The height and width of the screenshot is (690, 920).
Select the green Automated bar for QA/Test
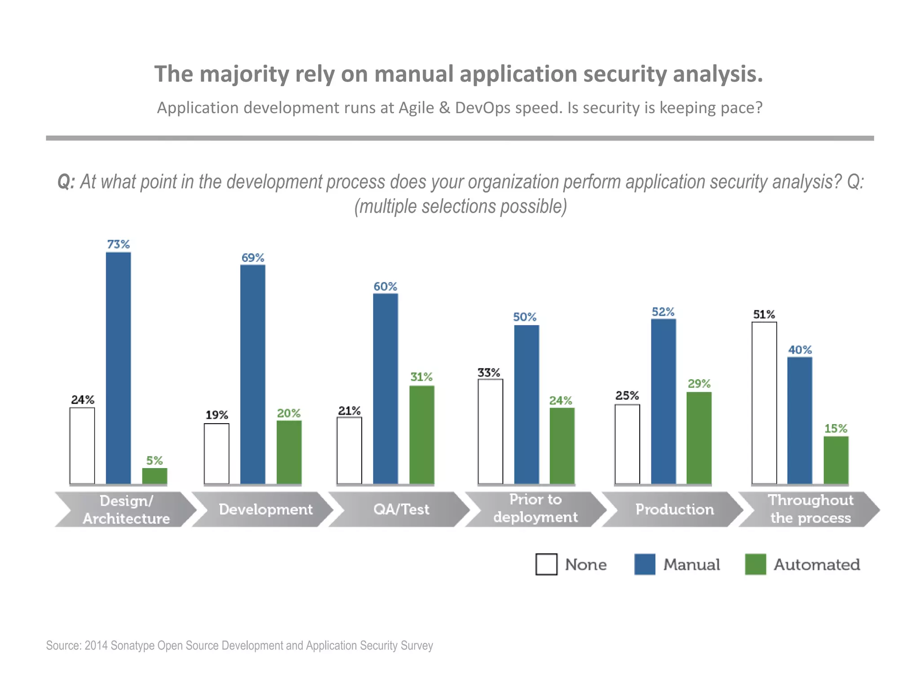coord(422,434)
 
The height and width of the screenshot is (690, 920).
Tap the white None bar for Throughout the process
coord(764,403)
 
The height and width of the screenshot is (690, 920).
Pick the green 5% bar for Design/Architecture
coord(155,476)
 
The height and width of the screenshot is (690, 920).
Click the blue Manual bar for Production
coord(663,401)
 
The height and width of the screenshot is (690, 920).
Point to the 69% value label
coord(253,258)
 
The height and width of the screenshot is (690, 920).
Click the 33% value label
coord(489,372)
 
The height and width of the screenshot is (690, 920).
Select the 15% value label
coord(836,429)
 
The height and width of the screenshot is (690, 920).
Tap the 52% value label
coord(663,312)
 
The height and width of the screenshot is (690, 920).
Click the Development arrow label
coord(265,509)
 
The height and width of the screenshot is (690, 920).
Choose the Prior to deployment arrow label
coord(535,509)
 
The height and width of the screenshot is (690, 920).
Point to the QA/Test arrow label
coord(401,509)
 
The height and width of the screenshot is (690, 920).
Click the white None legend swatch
coord(546,564)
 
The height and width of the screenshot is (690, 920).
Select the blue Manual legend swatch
coord(645,564)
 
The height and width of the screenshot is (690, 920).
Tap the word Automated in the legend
coord(817,565)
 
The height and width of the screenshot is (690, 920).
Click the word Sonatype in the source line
coord(132,646)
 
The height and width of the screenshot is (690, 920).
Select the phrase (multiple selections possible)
coord(460,207)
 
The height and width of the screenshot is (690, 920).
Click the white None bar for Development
coord(217,453)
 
